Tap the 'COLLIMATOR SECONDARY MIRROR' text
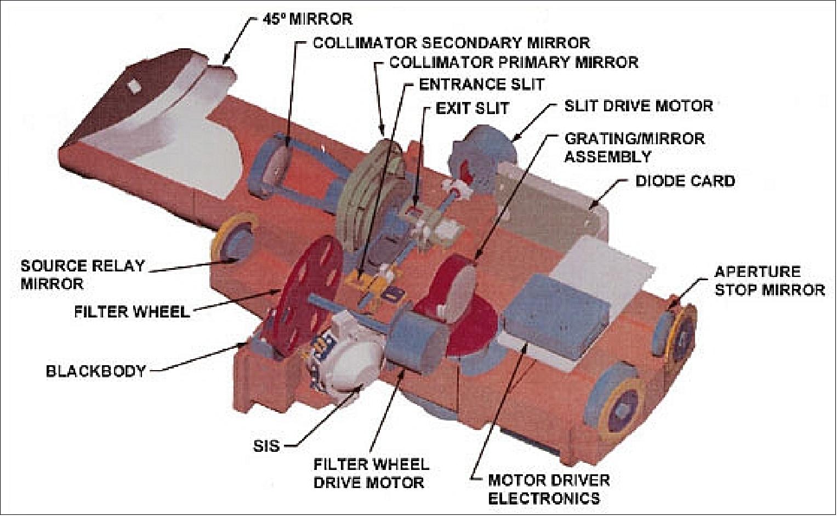[451, 43]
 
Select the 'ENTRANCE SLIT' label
[481, 84]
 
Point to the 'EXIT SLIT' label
[472, 108]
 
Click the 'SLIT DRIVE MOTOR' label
[639, 105]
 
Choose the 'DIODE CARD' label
[685, 180]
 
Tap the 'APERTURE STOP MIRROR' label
[769, 281]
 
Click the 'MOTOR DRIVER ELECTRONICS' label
[549, 489]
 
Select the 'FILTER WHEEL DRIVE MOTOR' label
[371, 473]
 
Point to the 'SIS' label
[267, 446]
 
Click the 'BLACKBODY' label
[96, 371]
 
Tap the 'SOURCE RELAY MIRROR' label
[82, 275]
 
